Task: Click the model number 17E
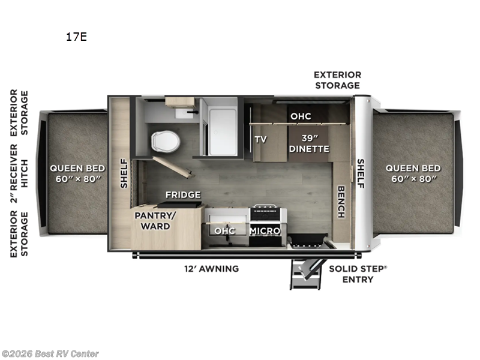76,37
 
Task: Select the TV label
260,139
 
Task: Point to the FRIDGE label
183,194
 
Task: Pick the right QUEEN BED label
413,173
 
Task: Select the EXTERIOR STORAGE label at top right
337,80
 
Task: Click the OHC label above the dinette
300,116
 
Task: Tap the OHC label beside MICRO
224,230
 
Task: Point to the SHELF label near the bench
361,173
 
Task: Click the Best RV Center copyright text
50,354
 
